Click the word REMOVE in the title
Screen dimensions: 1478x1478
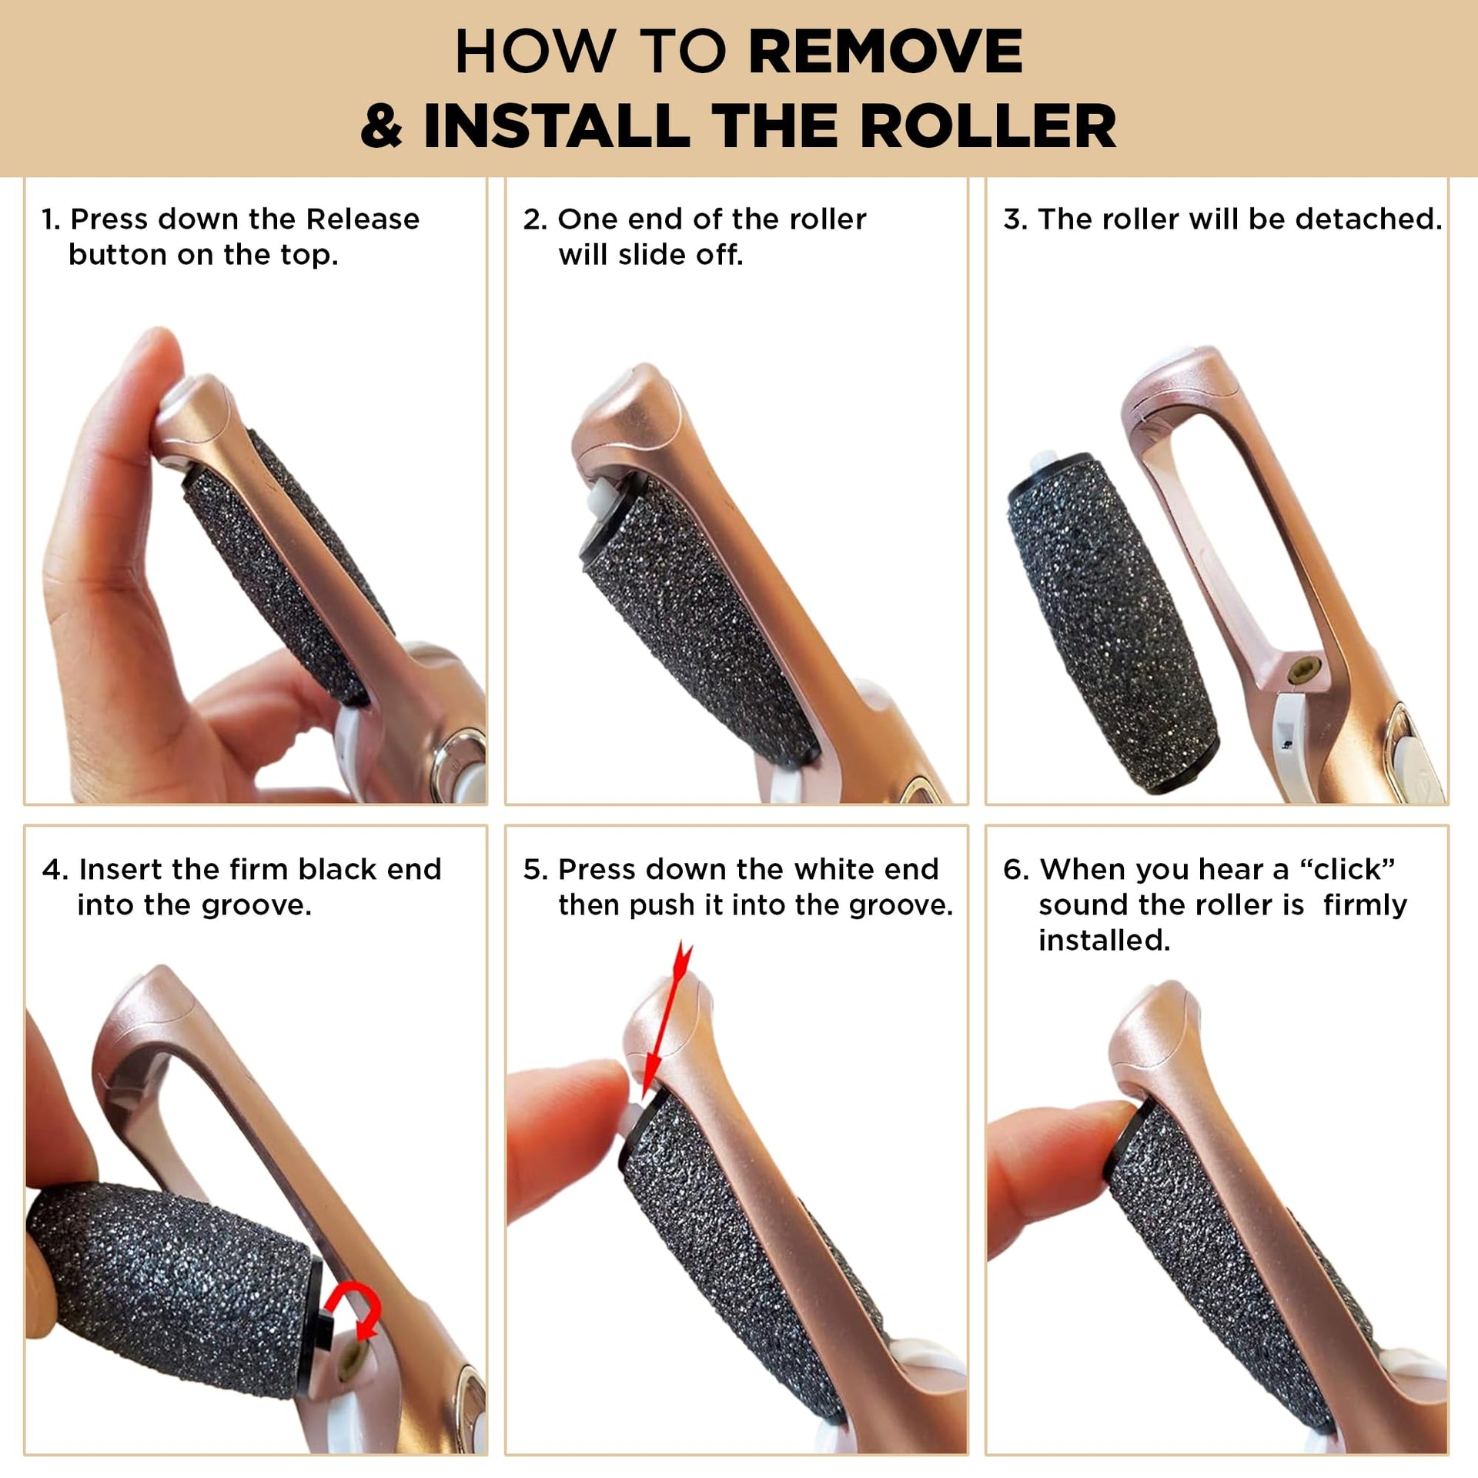[x=885, y=52]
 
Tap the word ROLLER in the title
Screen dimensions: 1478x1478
[x=988, y=125]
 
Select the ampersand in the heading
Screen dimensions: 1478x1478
[x=382, y=125]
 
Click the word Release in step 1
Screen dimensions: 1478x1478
[x=363, y=219]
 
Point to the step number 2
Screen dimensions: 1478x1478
[x=534, y=219]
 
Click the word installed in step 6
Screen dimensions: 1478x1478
[x=1104, y=940]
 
